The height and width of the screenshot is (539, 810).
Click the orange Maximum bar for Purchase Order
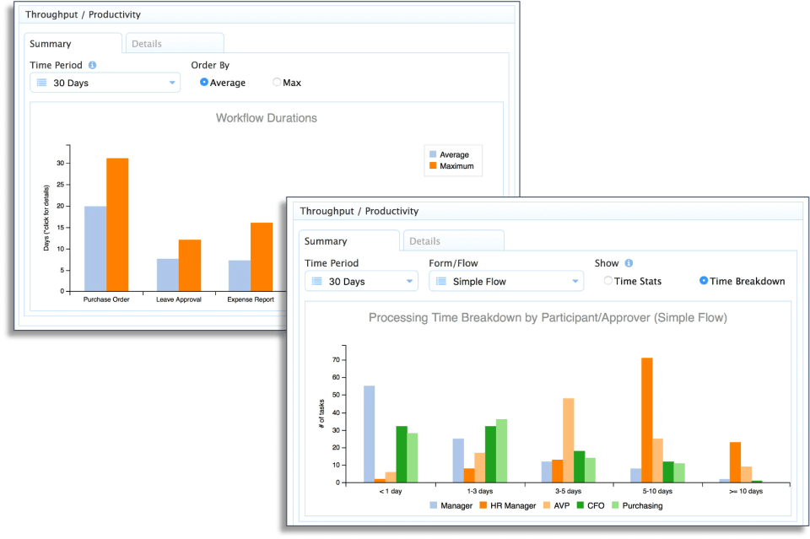[x=117, y=224]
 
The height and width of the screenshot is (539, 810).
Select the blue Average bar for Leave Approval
[x=168, y=275]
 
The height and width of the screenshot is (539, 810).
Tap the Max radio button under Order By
[x=277, y=82]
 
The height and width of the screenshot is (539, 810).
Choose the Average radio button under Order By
[x=204, y=82]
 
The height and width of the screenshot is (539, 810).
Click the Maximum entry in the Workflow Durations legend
[x=451, y=165]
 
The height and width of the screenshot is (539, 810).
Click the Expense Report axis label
[x=251, y=299]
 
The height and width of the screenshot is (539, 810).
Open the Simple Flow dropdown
[x=506, y=282]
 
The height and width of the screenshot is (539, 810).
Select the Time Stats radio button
[x=608, y=281]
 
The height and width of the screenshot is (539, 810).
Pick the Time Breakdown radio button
[x=704, y=281]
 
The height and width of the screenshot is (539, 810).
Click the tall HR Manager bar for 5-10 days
[x=647, y=420]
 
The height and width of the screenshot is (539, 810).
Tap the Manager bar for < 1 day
[x=370, y=434]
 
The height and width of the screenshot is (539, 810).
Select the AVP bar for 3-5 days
[x=568, y=440]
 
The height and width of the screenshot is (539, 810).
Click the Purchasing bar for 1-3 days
[x=501, y=450]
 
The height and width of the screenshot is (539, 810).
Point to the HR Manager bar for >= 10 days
[x=735, y=462]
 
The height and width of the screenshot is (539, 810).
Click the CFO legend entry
[x=591, y=505]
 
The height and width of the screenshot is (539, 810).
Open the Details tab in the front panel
[x=454, y=241]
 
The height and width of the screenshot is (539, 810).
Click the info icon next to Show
[x=629, y=263]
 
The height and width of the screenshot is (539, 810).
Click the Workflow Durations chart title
[x=267, y=118]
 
